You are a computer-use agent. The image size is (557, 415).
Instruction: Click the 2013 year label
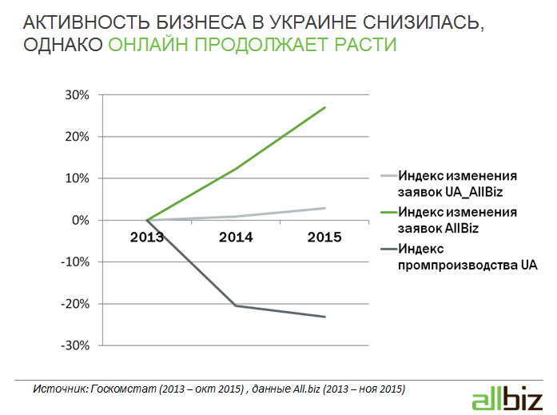[147, 237]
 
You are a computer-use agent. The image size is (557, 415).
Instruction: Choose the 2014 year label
[236, 237]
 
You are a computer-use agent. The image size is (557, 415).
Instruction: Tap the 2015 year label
[324, 237]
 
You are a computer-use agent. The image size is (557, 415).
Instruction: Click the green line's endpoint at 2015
[325, 107]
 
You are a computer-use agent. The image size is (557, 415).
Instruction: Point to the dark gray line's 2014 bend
[236, 305]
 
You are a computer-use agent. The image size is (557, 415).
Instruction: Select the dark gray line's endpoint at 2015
[325, 317]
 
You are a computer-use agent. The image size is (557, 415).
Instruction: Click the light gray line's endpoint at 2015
[325, 208]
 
